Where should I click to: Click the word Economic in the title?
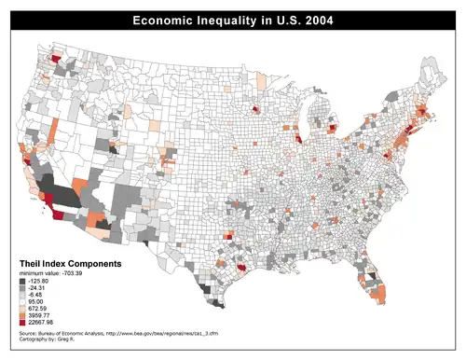click(165, 20)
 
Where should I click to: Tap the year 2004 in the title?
click(318, 20)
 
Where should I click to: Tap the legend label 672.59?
click(39, 310)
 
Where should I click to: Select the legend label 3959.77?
click(41, 317)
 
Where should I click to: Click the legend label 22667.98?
click(43, 325)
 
